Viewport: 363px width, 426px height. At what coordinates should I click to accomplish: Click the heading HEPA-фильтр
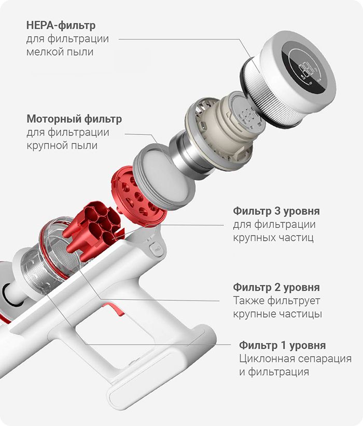tap(61, 25)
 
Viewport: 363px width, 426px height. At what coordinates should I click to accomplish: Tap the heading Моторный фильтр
tap(74, 119)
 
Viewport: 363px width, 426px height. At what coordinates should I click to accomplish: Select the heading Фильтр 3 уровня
tap(276, 211)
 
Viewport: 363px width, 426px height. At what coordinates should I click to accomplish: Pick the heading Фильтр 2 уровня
tap(276, 287)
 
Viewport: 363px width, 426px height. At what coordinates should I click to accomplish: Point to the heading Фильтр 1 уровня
tap(282, 345)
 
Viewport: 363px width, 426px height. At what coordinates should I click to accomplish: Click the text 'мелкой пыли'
tap(60, 51)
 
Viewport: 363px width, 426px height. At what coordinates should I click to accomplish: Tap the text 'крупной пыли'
tap(62, 145)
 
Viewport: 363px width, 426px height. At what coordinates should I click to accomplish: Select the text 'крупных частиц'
tap(273, 238)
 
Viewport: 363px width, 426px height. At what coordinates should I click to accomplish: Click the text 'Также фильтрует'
tap(276, 300)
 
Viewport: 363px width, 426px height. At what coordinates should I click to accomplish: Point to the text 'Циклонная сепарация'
tap(295, 359)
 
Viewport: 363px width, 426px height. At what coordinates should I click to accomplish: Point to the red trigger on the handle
tap(114, 308)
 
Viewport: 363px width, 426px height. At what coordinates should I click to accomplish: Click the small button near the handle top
tap(157, 249)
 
